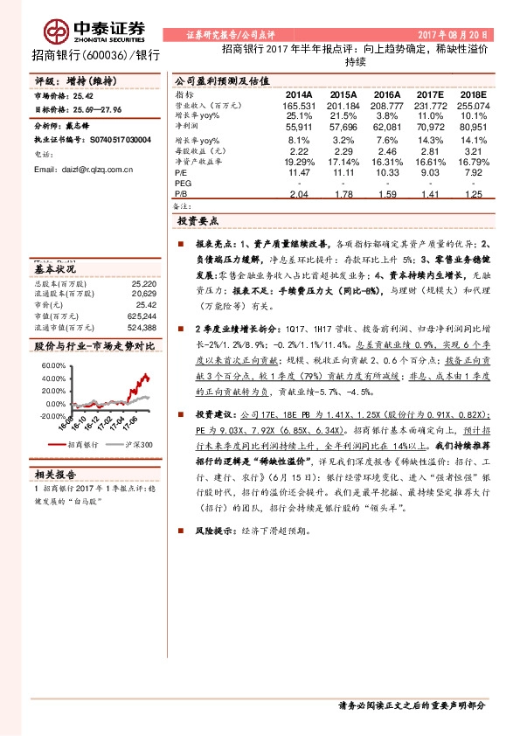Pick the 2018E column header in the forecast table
pyautogui.click(x=473, y=94)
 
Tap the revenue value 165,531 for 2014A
pyautogui.click(x=298, y=105)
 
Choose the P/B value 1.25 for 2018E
pyautogui.click(x=473, y=196)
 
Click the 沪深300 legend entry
pyautogui.click(x=137, y=444)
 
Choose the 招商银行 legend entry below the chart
pyautogui.click(x=82, y=444)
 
